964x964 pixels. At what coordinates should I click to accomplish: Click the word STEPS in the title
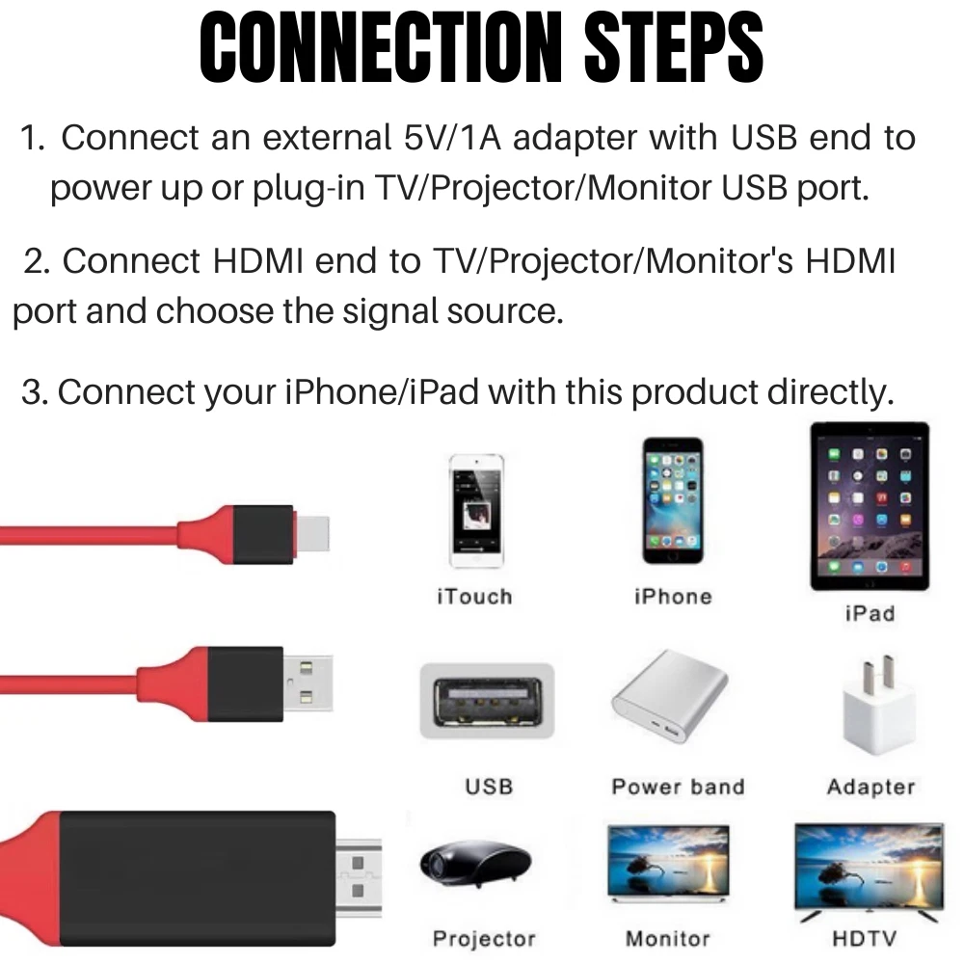click(674, 47)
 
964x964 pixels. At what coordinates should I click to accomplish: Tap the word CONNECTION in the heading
click(381, 47)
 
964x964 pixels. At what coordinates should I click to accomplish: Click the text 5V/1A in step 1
click(452, 137)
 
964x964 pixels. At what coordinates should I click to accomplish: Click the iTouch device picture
click(476, 510)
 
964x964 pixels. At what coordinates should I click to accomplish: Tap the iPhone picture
click(673, 499)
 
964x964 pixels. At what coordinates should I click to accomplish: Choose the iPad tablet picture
click(870, 506)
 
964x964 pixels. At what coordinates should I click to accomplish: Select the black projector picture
click(474, 864)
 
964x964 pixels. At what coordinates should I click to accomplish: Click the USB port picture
click(487, 701)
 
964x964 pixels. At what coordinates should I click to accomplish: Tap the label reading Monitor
click(668, 938)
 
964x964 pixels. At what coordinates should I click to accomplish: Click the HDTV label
click(864, 938)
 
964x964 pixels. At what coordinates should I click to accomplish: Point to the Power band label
click(678, 787)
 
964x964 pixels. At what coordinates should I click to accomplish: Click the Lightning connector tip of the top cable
click(312, 533)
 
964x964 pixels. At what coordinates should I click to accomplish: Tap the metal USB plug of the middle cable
click(308, 683)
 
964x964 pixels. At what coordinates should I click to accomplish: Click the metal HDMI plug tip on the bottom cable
click(359, 876)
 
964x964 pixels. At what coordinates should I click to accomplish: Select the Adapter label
click(870, 787)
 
